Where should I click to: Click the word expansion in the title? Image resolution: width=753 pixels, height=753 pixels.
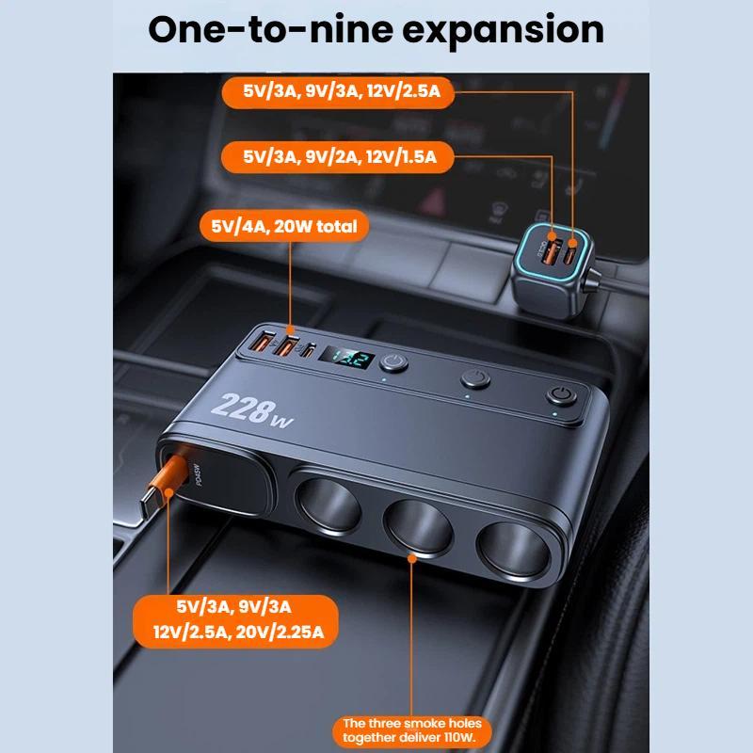pyautogui.click(x=503, y=31)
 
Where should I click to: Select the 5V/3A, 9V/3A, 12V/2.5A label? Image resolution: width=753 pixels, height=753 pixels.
pyautogui.click(x=338, y=91)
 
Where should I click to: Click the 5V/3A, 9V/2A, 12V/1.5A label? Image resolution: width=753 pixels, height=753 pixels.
pyautogui.click(x=338, y=157)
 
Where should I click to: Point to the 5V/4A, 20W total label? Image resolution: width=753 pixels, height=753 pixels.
pyautogui.click(x=284, y=226)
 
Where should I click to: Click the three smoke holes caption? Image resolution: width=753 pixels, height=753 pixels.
pyautogui.click(x=412, y=730)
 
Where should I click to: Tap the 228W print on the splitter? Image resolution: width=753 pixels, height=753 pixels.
pyautogui.click(x=250, y=410)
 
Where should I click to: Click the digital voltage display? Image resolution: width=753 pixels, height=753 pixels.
pyautogui.click(x=346, y=358)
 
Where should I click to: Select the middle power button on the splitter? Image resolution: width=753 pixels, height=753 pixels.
pyautogui.click(x=475, y=378)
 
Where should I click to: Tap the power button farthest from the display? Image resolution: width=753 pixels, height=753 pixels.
pyautogui.click(x=561, y=396)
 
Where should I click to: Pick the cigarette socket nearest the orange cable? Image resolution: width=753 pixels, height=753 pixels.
pyautogui.click(x=328, y=505)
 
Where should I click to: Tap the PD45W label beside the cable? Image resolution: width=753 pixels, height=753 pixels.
pyautogui.click(x=197, y=474)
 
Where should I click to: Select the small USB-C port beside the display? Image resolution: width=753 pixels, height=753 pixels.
pyautogui.click(x=309, y=350)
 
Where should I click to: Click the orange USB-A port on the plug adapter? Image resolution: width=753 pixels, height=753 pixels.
pyautogui.click(x=550, y=249)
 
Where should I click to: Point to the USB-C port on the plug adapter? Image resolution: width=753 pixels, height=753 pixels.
pyautogui.click(x=571, y=250)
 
